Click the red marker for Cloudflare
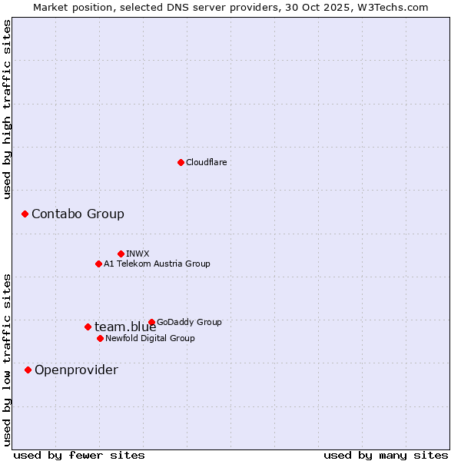click(x=181, y=162)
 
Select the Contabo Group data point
click(x=25, y=214)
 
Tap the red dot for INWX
click(x=121, y=254)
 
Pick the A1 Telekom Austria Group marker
click(x=98, y=264)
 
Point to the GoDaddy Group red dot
click(x=151, y=322)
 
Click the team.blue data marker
click(x=88, y=327)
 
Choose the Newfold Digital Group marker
click(x=100, y=338)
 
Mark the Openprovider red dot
click(x=28, y=370)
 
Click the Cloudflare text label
click(x=206, y=162)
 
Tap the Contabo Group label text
click(x=78, y=214)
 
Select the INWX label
click(x=138, y=254)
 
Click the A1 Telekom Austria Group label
click(x=157, y=264)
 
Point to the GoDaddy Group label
click(x=189, y=322)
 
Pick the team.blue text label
click(x=125, y=327)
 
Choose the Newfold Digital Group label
click(x=150, y=338)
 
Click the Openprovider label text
click(x=76, y=370)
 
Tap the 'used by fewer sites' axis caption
click(x=79, y=455)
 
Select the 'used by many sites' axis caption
click(x=386, y=455)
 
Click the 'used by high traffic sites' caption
click(x=7, y=109)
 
